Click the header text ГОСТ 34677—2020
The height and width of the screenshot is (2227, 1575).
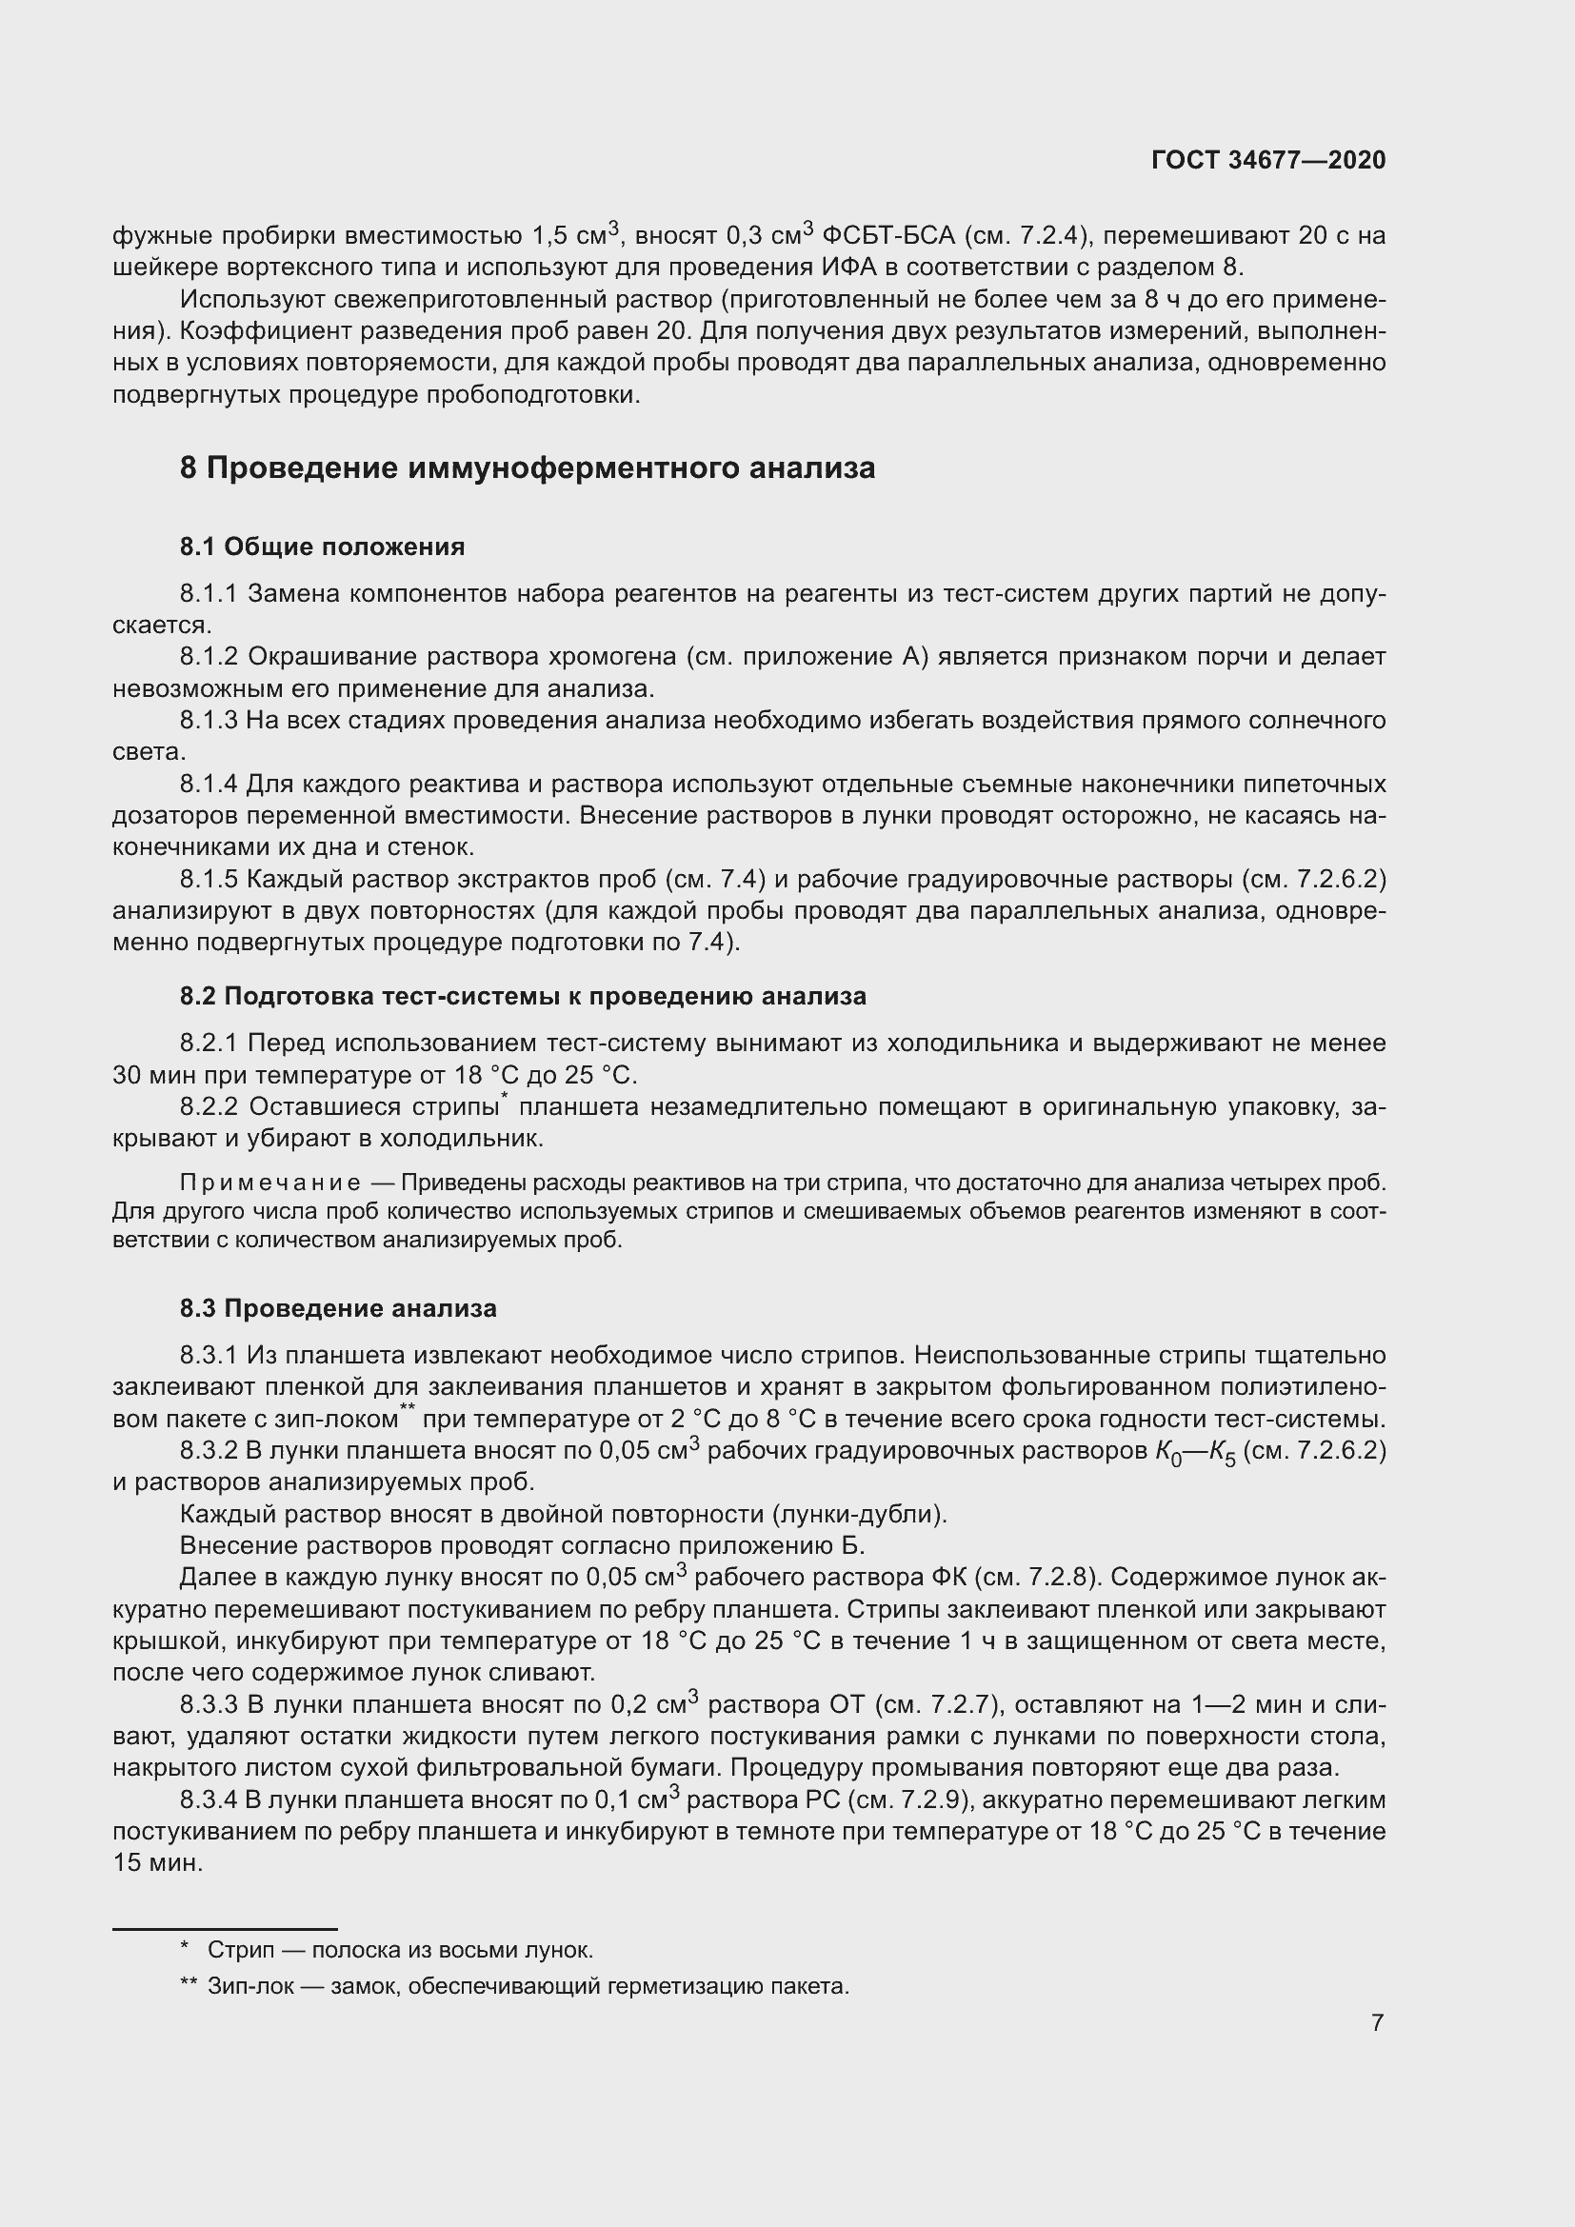(x=1268, y=160)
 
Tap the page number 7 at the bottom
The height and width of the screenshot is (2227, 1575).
(x=1377, y=2022)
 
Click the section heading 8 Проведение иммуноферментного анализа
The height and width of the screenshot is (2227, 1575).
(x=527, y=468)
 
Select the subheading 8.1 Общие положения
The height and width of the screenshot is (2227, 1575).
(x=322, y=547)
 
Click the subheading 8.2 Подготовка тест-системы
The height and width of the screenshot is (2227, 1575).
(x=523, y=997)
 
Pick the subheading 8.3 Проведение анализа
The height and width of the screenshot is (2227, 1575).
(x=337, y=1308)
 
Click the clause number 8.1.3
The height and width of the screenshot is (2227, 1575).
(x=208, y=721)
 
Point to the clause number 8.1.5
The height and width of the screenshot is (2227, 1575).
(x=208, y=880)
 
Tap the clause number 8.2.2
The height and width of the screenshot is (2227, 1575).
(x=208, y=1106)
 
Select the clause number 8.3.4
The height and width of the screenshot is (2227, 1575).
(x=208, y=1800)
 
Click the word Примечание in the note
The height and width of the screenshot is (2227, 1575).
(x=270, y=1183)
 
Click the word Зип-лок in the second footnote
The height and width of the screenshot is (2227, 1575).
(x=250, y=1986)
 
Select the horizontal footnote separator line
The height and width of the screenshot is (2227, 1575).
(x=224, y=1929)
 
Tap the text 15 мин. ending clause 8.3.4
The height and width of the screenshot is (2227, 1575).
(x=157, y=1863)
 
